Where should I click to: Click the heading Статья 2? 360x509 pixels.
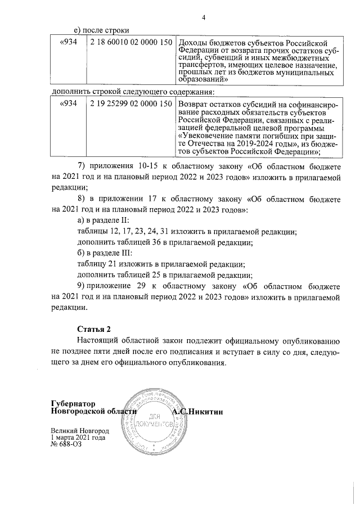[94, 328]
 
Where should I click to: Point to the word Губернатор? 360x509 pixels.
[73, 404]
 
